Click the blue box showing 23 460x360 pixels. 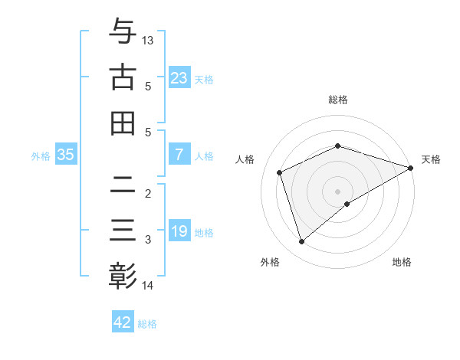click(x=179, y=78)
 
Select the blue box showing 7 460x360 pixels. click(x=179, y=155)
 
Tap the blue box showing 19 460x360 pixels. click(x=179, y=231)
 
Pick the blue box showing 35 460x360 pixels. click(x=66, y=155)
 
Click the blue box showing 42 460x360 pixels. click(x=123, y=322)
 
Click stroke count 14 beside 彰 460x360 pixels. click(x=148, y=286)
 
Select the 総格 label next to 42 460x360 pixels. click(x=147, y=324)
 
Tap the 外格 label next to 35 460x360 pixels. click(x=41, y=155)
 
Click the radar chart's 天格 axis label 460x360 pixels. click(x=432, y=159)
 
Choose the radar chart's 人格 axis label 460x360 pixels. click(x=245, y=159)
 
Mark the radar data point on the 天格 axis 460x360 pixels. click(x=411, y=168)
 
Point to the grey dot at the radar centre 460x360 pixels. click(x=338, y=191)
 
